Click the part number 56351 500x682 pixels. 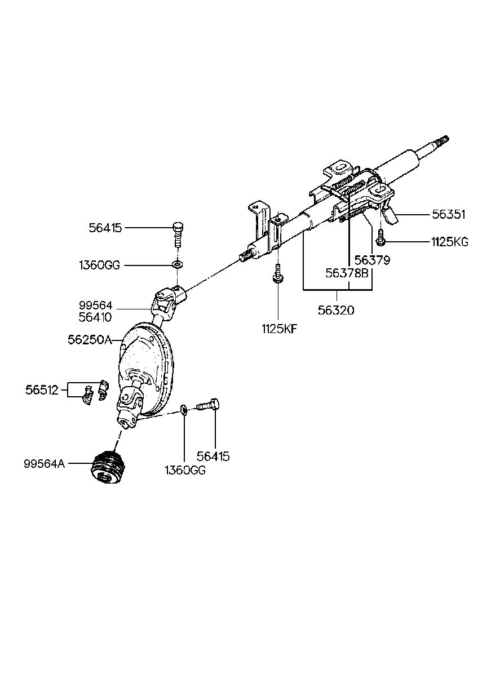tap(449, 214)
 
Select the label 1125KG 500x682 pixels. tap(449, 242)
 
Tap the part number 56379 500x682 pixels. tap(373, 261)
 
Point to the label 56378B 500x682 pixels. tap(347, 273)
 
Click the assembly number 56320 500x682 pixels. tap(337, 309)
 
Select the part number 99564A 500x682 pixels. tap(45, 464)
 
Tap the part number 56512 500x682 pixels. tap(42, 389)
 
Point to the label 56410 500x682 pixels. tap(96, 317)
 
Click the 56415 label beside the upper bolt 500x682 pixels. tap(105, 228)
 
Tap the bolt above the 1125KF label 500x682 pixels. tap(277, 274)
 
